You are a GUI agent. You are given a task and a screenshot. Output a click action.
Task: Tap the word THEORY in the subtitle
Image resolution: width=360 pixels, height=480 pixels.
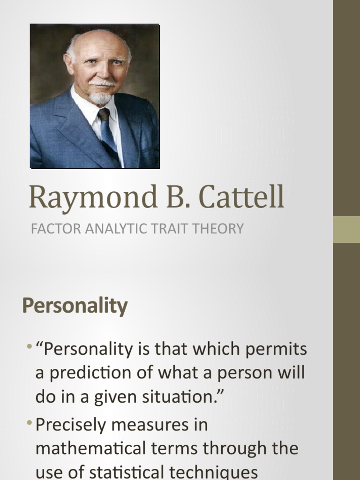[218, 229]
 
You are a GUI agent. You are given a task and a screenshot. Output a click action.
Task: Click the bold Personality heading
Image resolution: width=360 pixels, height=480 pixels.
[75, 306]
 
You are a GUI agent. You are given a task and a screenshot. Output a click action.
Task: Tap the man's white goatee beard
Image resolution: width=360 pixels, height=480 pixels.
[100, 97]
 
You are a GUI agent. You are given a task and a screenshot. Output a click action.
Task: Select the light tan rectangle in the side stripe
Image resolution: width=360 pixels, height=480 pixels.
[346, 229]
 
